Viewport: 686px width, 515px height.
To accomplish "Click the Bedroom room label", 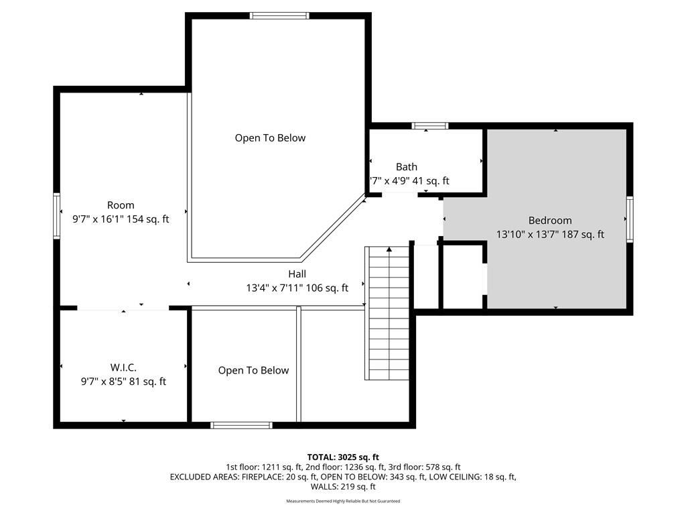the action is click(x=550, y=220).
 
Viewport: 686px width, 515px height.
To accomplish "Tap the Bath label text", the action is click(x=407, y=167).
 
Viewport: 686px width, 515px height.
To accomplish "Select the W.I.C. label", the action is click(x=123, y=367).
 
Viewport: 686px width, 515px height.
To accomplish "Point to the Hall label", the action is click(x=297, y=274).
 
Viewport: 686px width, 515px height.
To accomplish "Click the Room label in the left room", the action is click(x=121, y=205).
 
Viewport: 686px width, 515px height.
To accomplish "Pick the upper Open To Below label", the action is click(x=271, y=138).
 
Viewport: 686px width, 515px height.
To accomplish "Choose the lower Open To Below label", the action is click(x=254, y=370).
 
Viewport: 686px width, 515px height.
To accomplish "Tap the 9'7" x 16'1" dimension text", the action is click(x=98, y=219).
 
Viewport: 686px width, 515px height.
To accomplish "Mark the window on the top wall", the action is click(x=279, y=16).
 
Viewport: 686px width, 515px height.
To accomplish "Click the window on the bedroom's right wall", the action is click(x=630, y=219).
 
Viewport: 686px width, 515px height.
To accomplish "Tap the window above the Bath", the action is click(x=430, y=125).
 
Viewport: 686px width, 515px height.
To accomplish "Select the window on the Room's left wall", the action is click(x=57, y=216).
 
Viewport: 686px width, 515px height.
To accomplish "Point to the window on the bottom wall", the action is click(x=241, y=425).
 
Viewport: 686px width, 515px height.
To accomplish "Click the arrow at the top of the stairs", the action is click(x=389, y=249).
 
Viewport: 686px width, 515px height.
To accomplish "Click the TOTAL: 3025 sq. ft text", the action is click(x=343, y=457).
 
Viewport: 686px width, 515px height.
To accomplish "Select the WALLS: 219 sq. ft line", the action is click(x=343, y=487).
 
